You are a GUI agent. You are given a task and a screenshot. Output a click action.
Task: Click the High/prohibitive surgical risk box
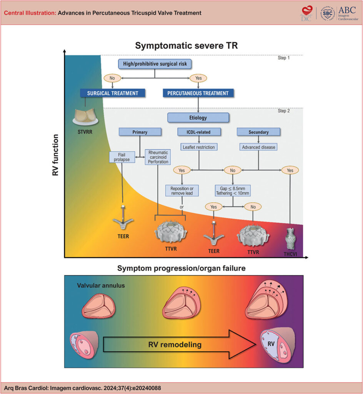click(154, 64)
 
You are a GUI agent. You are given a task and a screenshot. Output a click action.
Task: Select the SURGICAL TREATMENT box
click(113, 93)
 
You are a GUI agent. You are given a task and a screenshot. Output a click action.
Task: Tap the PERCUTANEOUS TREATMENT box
click(198, 93)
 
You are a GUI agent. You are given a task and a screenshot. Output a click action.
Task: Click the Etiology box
click(198, 117)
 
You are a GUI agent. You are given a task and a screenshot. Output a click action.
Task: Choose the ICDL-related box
click(199, 132)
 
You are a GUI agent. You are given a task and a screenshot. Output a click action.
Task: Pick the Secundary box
click(258, 132)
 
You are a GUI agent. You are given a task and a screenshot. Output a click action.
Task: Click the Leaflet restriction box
click(199, 147)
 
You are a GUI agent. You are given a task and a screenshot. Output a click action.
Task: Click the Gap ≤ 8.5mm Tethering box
click(233, 190)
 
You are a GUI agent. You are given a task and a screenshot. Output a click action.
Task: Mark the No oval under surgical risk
click(112, 78)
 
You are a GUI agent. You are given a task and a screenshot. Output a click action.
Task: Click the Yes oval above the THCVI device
click(290, 170)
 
